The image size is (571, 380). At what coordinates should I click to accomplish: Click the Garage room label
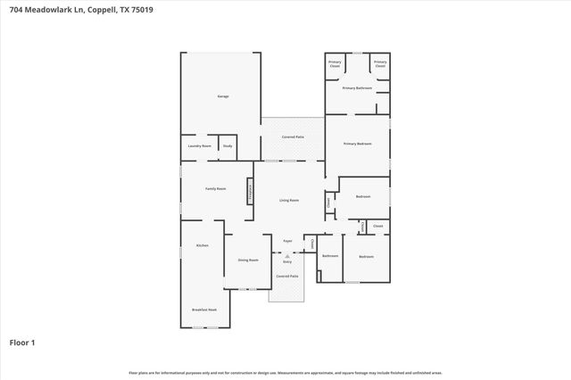(x=224, y=96)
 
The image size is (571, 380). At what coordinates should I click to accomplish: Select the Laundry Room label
(x=199, y=145)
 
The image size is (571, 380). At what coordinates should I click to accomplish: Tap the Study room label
(x=228, y=145)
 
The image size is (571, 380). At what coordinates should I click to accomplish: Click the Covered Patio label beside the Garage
(x=292, y=137)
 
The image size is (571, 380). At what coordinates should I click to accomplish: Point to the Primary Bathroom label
(x=357, y=87)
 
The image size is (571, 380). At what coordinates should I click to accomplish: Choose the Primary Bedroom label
(x=357, y=143)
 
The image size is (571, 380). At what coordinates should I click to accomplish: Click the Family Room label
(x=215, y=189)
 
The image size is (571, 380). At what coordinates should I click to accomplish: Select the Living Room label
(x=288, y=201)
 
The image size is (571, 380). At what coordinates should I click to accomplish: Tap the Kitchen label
(x=202, y=245)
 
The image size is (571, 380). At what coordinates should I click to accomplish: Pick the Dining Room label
(x=247, y=260)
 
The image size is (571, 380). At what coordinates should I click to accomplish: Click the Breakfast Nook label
(x=204, y=309)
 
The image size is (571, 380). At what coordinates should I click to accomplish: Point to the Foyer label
(x=287, y=241)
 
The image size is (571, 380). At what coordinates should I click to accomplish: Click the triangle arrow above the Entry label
(x=287, y=255)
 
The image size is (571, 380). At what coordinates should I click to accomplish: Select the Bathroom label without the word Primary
(x=330, y=256)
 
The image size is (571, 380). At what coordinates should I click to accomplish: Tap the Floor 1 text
(x=22, y=343)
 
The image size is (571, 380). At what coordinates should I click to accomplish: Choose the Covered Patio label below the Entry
(x=286, y=277)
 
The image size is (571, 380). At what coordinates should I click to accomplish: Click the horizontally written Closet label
(x=377, y=227)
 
